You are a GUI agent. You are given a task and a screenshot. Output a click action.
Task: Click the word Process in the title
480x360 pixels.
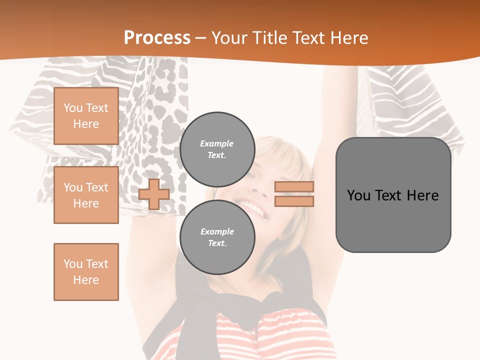click(x=157, y=38)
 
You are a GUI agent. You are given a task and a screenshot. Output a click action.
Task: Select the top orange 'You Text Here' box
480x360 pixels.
click(x=86, y=116)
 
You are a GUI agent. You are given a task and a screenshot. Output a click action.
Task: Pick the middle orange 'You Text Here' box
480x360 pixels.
click(x=86, y=195)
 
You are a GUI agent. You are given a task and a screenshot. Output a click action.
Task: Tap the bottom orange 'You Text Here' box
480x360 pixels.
click(x=86, y=271)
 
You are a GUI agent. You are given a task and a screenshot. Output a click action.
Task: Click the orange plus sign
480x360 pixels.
click(x=154, y=194)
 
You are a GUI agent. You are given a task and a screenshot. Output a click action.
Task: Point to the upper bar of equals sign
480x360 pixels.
click(x=294, y=187)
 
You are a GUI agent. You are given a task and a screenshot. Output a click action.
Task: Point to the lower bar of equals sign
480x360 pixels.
click(x=294, y=201)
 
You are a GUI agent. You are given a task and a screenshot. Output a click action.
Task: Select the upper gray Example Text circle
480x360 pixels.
click(x=217, y=149)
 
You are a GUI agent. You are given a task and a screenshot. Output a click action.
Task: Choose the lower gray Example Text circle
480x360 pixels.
click(x=217, y=237)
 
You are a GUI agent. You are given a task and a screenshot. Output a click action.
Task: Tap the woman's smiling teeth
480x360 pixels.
click(x=253, y=208)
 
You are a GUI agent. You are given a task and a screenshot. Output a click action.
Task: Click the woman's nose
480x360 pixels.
click(x=259, y=188)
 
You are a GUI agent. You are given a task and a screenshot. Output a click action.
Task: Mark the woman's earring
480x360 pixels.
click(x=283, y=236)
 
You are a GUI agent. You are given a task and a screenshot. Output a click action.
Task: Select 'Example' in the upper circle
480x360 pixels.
click(x=217, y=143)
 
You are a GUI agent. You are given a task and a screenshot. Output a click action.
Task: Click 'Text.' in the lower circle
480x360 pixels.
click(x=217, y=243)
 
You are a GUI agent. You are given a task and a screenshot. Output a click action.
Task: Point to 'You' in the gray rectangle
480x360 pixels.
click(x=358, y=195)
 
